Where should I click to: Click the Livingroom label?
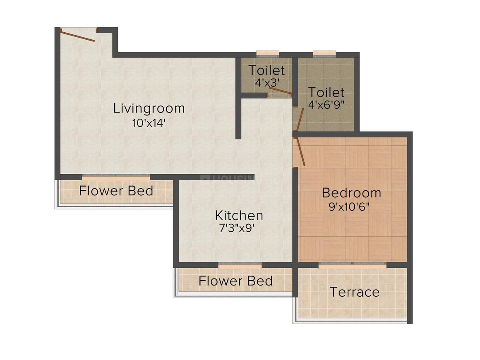click(149, 108)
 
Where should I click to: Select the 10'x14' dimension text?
click(149, 122)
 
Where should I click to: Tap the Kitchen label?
click(239, 215)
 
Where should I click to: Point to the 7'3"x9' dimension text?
click(239, 228)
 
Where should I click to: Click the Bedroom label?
click(351, 193)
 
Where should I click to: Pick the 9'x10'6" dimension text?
click(351, 206)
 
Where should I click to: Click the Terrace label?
click(355, 292)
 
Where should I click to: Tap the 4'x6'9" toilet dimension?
click(326, 103)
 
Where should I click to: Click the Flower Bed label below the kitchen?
click(235, 281)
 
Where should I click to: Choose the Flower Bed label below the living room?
click(116, 191)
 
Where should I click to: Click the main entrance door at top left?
click(78, 35)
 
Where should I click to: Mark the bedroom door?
click(301, 152)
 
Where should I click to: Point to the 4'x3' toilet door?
click(280, 91)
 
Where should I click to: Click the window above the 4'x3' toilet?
click(267, 53)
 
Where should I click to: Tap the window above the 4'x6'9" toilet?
click(324, 53)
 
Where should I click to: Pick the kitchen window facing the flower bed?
click(240, 266)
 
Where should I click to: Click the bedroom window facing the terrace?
click(353, 266)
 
